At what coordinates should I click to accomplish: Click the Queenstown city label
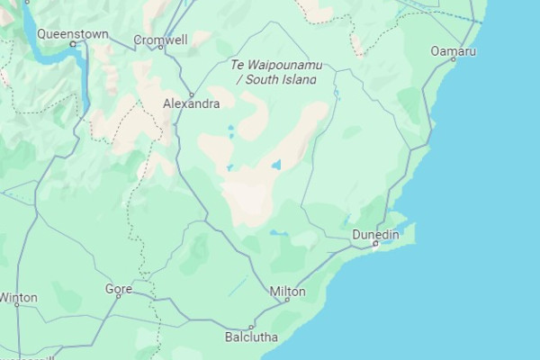click(x=73, y=34)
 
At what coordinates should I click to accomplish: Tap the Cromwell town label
click(x=160, y=40)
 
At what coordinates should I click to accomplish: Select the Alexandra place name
click(x=191, y=104)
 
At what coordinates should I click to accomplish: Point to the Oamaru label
click(x=453, y=51)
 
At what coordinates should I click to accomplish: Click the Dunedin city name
click(x=375, y=235)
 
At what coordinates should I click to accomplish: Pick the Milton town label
click(x=288, y=292)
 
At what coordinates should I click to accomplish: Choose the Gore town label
click(x=118, y=289)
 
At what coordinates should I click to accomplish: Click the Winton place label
click(x=19, y=297)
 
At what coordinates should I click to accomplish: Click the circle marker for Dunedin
click(x=376, y=244)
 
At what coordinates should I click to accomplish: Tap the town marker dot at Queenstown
click(x=73, y=43)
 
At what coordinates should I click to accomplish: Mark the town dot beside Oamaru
click(x=453, y=59)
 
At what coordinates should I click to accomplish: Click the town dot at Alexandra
click(x=192, y=94)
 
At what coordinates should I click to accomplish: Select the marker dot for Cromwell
click(x=161, y=49)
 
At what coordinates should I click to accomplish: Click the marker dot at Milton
click(x=287, y=301)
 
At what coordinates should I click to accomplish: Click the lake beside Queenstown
click(x=63, y=54)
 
